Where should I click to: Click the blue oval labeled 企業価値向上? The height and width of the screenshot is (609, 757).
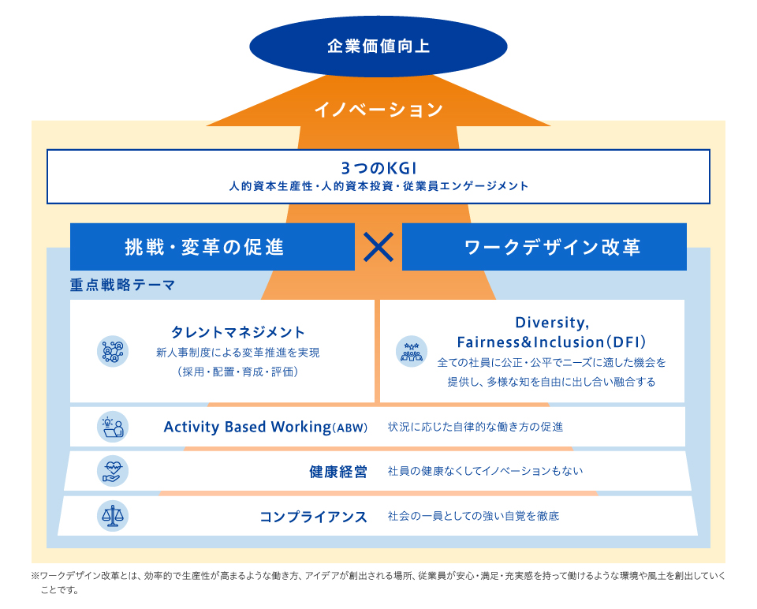tap(378, 47)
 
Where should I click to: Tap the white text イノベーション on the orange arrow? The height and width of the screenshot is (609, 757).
tap(378, 110)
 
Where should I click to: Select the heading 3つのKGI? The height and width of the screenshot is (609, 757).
tap(378, 167)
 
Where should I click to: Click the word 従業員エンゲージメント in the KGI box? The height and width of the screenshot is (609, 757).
tap(465, 186)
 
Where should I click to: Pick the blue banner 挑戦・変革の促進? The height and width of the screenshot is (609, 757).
tap(212, 247)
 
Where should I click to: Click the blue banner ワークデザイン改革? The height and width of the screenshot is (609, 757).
tap(544, 247)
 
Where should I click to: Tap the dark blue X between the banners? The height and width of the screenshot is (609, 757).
tap(378, 247)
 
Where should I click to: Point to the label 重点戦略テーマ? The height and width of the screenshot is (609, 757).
tap(123, 285)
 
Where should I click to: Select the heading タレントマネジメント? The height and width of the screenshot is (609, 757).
tap(238, 332)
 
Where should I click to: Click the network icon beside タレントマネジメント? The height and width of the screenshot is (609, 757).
tap(113, 351)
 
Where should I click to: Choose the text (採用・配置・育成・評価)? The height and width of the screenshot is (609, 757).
tap(237, 372)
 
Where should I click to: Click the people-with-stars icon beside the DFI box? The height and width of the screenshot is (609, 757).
tap(412, 351)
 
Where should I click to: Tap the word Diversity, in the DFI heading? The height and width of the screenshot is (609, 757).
tap(552, 322)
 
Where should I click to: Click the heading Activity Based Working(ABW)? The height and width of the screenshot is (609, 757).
tap(266, 427)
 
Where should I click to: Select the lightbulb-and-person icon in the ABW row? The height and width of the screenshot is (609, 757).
tap(113, 427)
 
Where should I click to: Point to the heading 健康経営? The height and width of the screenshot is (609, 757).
tap(338, 472)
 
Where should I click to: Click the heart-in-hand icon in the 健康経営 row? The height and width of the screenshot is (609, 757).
tap(113, 471)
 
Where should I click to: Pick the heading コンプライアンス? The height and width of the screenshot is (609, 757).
tap(313, 517)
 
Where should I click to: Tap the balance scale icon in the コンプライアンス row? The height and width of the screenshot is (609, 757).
tap(113, 516)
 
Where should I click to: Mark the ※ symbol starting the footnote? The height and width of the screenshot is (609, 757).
tap(35, 576)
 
